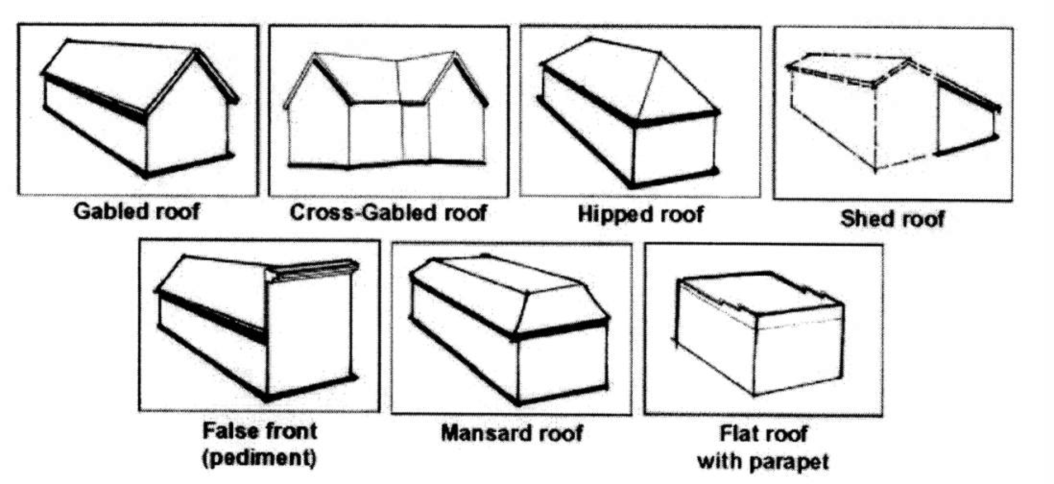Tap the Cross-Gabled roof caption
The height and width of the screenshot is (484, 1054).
pos(388,213)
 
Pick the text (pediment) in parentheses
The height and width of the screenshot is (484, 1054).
pos(259,458)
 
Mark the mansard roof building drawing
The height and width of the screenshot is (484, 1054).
pos(509,327)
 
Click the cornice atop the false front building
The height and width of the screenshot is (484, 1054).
pos(313,270)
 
